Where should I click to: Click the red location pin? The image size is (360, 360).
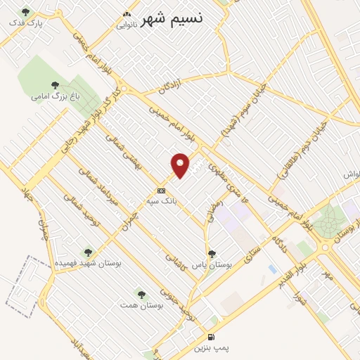coord(181,165)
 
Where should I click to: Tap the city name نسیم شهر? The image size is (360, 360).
coord(172,18)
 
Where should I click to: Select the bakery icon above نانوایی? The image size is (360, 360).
coord(127,14)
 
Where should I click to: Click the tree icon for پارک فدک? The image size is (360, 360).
coord(26,12)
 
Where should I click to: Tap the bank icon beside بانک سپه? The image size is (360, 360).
coord(162,191)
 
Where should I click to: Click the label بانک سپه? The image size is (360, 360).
coord(161,201)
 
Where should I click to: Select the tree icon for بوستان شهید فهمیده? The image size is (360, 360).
coord(88,252)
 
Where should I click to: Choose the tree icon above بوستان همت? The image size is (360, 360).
coord(141,294)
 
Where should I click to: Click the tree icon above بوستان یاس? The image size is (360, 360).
coord(212,254)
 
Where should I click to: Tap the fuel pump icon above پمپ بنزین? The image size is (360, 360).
coord(212,337)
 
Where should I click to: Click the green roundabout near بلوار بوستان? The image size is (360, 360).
coord(325,224)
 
